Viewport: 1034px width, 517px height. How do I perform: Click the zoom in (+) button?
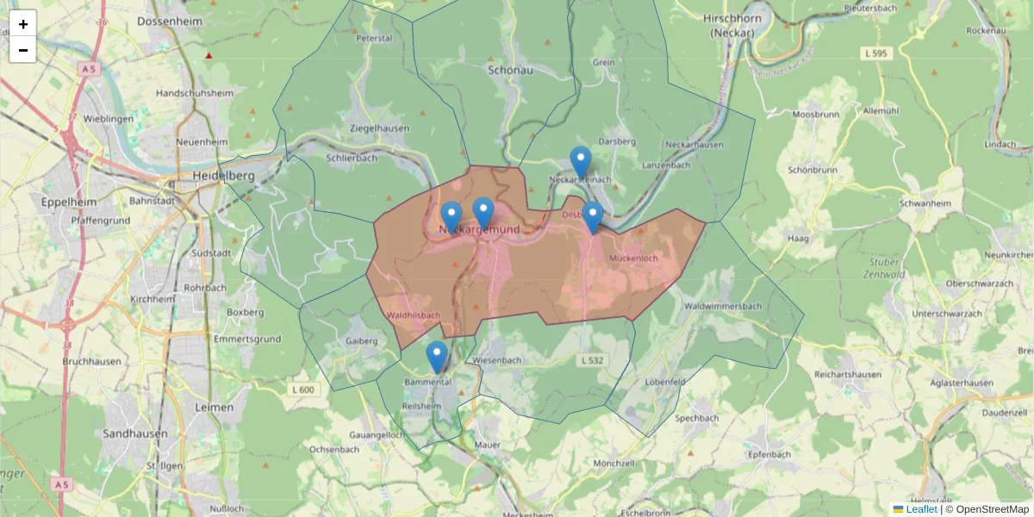[23, 24]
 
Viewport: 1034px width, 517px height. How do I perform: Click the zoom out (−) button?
[23, 50]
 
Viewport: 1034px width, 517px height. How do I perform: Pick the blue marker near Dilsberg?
[592, 217]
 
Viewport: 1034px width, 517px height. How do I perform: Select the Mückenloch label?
[633, 258]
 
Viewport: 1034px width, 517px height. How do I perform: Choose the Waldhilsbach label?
[414, 315]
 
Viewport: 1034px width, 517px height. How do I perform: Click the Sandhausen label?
[135, 433]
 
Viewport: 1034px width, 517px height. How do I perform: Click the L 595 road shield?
[876, 53]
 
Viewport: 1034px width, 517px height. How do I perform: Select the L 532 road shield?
[592, 359]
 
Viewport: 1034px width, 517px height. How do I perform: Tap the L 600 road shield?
[303, 389]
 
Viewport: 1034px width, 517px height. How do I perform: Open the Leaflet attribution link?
[921, 509]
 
